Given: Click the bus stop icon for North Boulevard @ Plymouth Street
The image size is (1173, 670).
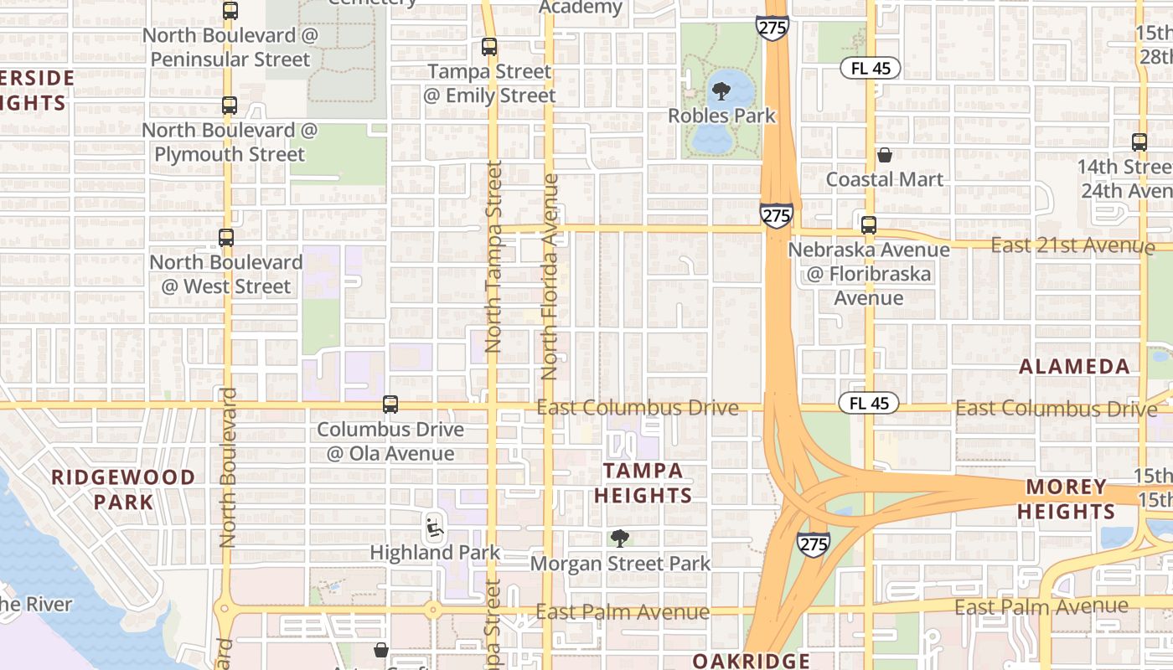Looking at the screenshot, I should click(230, 106).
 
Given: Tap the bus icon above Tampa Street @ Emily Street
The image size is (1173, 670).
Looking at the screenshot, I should click(489, 47).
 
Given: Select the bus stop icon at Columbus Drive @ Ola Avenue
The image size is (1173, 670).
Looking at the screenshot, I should click(390, 405).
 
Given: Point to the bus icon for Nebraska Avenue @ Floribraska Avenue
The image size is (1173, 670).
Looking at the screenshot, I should click(869, 224).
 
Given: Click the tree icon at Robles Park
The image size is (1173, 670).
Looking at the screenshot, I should click(721, 90).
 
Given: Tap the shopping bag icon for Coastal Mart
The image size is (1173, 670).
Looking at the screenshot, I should click(884, 155).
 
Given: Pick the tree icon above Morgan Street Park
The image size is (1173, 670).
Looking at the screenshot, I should click(620, 538).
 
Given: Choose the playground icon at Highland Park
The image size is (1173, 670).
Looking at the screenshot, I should click(434, 527).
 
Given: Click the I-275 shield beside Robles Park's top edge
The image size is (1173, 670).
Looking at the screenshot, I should click(772, 27).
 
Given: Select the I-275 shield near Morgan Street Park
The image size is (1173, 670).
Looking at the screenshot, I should click(813, 544).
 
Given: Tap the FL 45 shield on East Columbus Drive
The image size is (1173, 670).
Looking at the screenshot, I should click(869, 404).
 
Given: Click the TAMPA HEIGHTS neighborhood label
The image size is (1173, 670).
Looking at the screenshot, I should click(643, 482).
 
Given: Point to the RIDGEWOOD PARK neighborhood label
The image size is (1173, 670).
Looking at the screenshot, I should click(123, 489).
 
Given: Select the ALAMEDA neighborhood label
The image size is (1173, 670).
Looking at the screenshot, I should click(1074, 366).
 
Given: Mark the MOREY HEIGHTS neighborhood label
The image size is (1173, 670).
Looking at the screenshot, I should click(1071, 498).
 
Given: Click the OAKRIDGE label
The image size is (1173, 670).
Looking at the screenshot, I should click(751, 661).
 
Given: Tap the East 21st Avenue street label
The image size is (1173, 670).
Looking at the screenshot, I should click(1072, 245).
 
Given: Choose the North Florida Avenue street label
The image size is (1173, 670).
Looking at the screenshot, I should click(550, 276).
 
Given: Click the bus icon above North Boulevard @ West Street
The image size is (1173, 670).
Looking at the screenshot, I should click(226, 237).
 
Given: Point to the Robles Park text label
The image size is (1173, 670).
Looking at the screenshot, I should click(721, 116).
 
